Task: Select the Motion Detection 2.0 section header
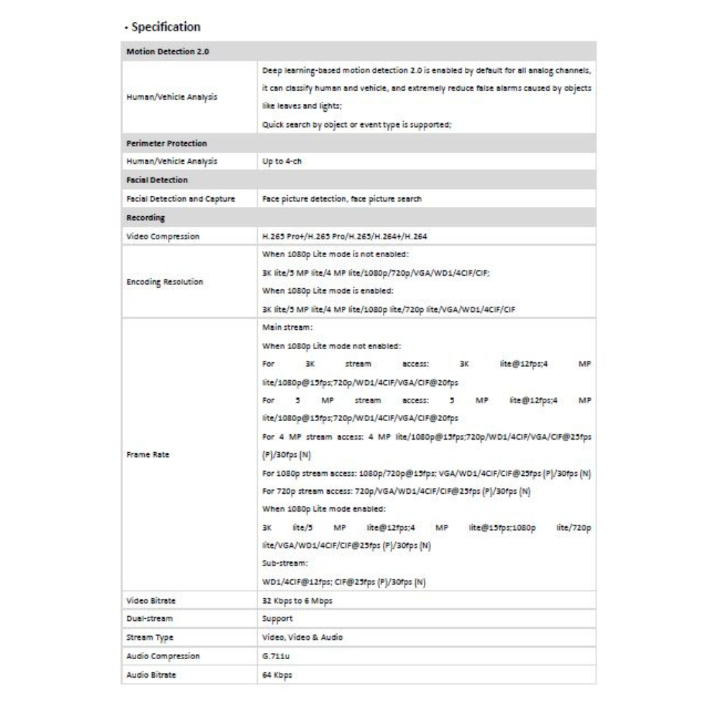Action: (168, 52)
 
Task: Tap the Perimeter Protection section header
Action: (167, 143)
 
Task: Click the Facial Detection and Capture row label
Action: (180, 198)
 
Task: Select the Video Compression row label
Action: (163, 236)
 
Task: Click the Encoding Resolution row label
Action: (165, 282)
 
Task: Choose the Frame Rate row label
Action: (145, 456)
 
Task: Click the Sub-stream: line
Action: (286, 563)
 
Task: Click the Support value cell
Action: (278, 619)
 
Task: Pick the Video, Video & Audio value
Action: (302, 637)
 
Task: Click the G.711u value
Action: (276, 656)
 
